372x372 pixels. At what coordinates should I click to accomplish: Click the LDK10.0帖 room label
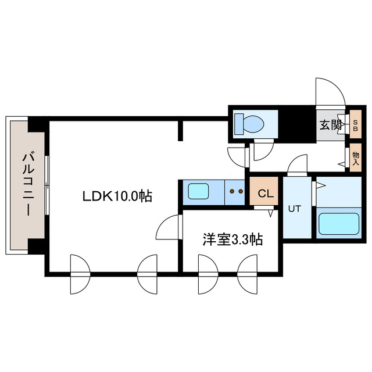[116, 196]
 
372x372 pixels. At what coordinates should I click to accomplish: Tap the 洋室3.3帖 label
[232, 240]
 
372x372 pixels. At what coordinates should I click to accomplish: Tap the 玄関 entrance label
[330, 124]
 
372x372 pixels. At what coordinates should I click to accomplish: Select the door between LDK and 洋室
[169, 226]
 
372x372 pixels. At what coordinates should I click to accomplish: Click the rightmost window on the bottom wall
[246, 274]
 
